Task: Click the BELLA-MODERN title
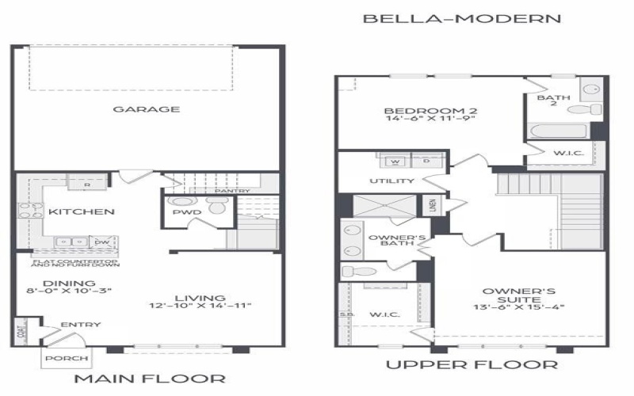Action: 461,17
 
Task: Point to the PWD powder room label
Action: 187,212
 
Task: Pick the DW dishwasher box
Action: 101,242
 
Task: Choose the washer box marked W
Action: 394,162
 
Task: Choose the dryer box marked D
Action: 426,162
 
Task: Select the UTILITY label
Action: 391,181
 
